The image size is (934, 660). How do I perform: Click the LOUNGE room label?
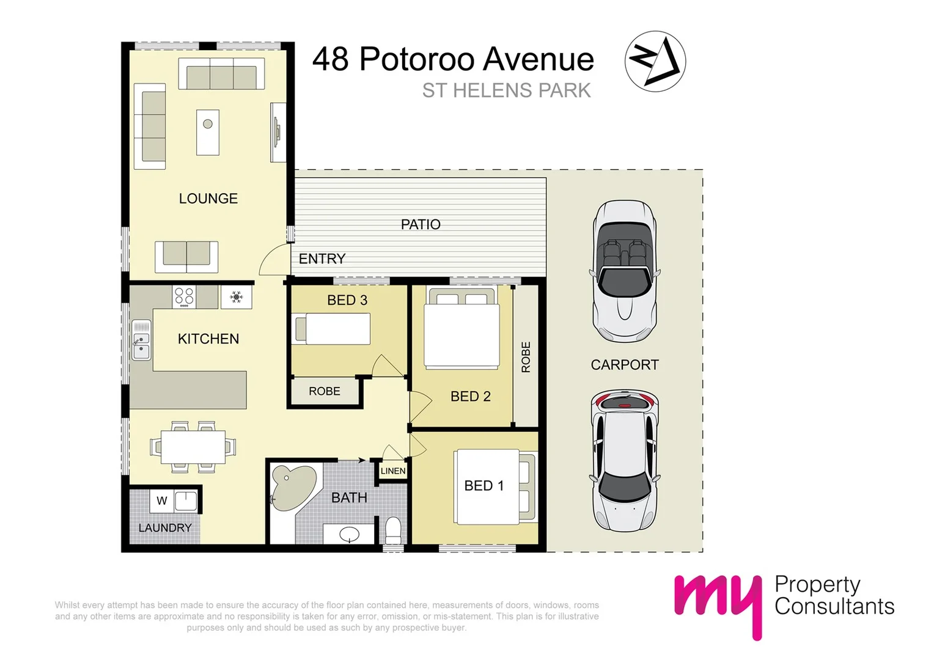(208, 199)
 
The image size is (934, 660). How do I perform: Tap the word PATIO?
(421, 225)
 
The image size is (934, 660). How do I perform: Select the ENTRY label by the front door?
(322, 259)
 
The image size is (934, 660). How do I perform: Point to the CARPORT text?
(625, 365)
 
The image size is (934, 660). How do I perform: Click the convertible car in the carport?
(624, 272)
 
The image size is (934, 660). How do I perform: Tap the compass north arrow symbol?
(655, 61)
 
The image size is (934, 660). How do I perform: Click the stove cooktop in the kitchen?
(184, 296)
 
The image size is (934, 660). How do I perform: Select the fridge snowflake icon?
(237, 298)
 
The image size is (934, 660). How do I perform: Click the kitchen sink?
(141, 340)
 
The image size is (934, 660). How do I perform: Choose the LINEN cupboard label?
(392, 471)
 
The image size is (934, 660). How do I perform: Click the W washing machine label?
(162, 501)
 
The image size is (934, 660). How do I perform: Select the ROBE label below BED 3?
(324, 392)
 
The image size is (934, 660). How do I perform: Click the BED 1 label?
(484, 486)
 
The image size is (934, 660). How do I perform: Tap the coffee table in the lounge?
(208, 132)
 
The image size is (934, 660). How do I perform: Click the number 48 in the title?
(331, 59)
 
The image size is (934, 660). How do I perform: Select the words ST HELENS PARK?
(506, 91)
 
